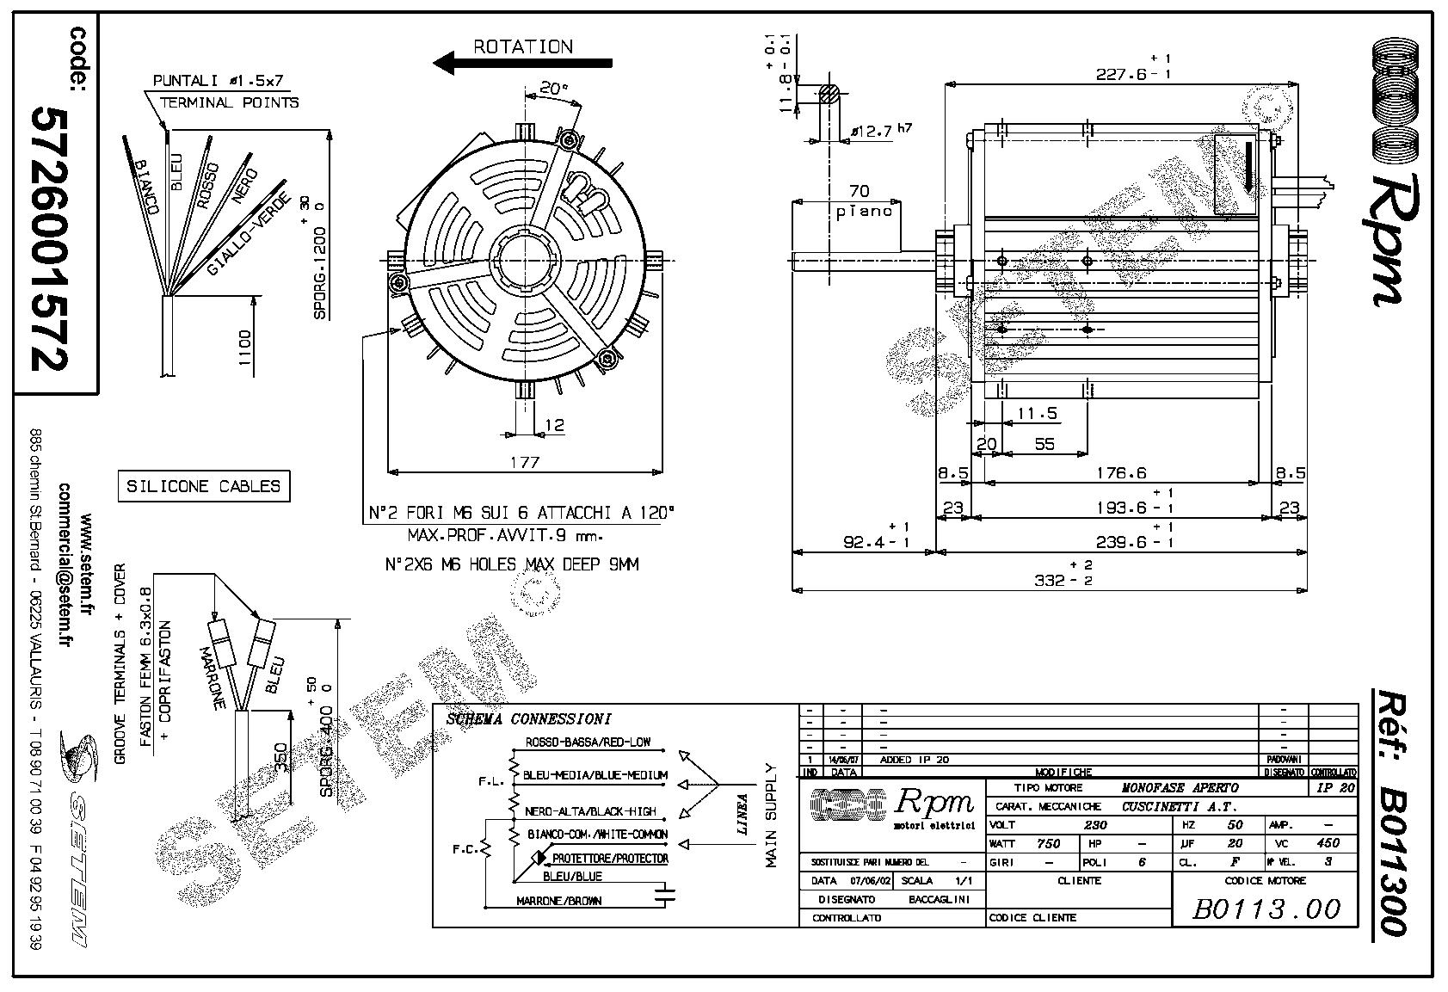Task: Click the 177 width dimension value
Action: tap(525, 462)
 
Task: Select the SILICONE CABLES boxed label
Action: tap(203, 486)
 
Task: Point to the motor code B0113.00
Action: tap(1266, 909)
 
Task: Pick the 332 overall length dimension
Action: tap(1051, 581)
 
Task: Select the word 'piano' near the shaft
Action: tap(864, 211)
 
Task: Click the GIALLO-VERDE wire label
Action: tap(249, 231)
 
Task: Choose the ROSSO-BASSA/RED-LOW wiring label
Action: tap(588, 742)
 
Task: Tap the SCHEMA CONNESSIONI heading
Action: tap(528, 719)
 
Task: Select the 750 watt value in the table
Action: tap(1048, 843)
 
